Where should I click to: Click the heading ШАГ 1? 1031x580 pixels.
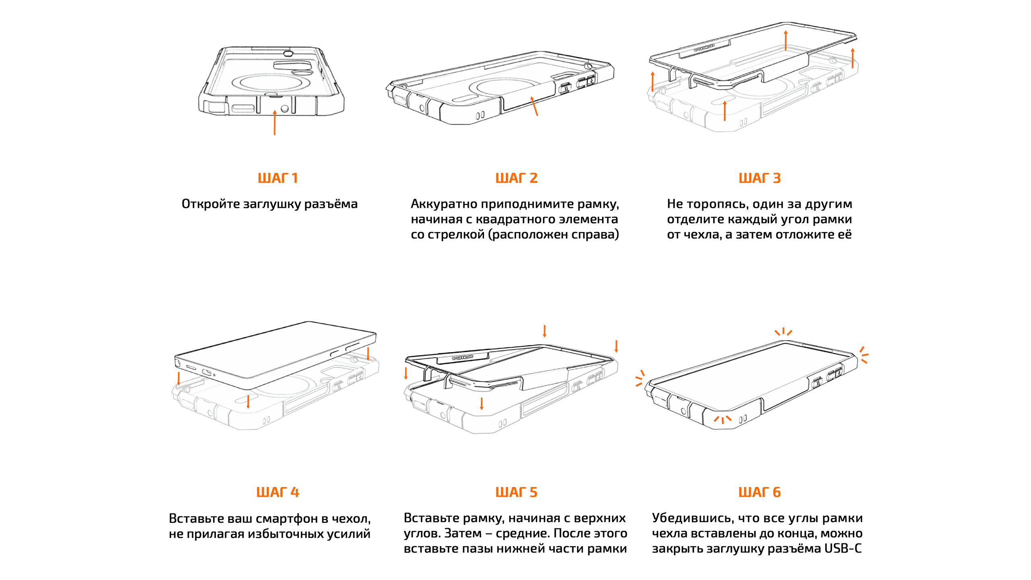pyautogui.click(x=277, y=178)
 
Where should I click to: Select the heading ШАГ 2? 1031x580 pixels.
pyautogui.click(x=516, y=178)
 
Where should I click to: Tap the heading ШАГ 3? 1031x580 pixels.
pyautogui.click(x=760, y=178)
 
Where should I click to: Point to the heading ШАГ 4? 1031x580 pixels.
pyautogui.click(x=277, y=492)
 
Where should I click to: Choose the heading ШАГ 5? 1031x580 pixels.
pyautogui.click(x=516, y=492)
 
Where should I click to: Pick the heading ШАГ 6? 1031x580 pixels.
pyautogui.click(x=760, y=492)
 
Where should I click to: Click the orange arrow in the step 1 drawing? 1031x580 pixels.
pyautogui.click(x=275, y=123)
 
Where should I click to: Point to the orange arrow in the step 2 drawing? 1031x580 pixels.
pyautogui.click(x=534, y=106)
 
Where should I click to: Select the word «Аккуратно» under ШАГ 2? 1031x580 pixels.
pyautogui.click(x=444, y=204)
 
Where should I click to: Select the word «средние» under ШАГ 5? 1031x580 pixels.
pyautogui.click(x=523, y=534)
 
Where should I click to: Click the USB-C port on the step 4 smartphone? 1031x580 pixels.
pyautogui.click(x=206, y=372)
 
